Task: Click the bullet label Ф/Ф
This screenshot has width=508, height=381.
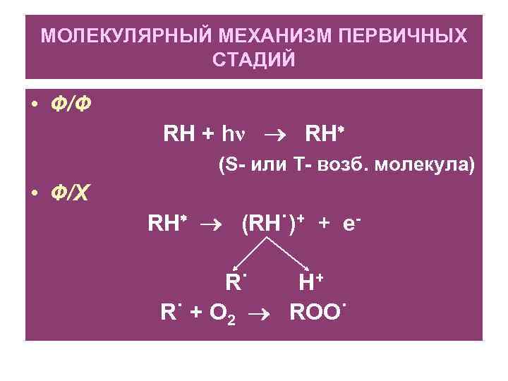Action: click(x=71, y=104)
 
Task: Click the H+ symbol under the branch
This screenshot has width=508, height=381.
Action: click(x=310, y=282)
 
